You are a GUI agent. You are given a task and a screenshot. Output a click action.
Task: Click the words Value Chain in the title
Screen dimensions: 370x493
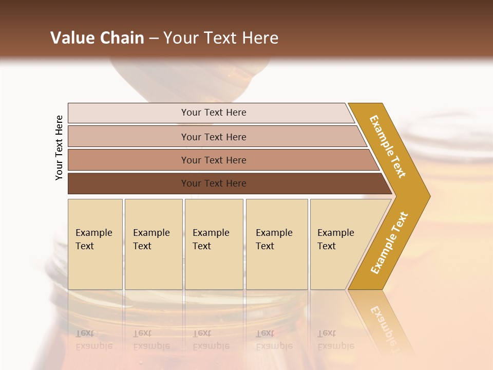tap(97, 38)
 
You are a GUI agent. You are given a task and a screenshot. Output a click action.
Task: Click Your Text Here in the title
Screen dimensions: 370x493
tap(221, 38)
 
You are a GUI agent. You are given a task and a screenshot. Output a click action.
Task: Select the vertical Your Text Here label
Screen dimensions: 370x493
tap(59, 147)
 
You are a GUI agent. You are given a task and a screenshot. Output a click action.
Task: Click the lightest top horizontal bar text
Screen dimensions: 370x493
tap(214, 113)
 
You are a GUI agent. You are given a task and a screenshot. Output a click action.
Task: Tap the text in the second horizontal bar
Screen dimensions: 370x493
tap(214, 137)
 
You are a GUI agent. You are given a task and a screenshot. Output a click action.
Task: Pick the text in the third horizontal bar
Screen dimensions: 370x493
tap(214, 160)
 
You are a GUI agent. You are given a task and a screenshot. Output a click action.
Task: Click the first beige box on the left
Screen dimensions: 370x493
tap(95, 244)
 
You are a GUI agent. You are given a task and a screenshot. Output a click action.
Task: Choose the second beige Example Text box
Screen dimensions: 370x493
tap(153, 244)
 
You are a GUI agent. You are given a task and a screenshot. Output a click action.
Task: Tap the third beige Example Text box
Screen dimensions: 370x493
tap(213, 244)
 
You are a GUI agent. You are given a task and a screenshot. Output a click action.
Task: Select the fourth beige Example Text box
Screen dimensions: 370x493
tap(276, 244)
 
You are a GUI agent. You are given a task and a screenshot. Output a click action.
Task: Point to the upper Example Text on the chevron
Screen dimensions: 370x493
tap(388, 146)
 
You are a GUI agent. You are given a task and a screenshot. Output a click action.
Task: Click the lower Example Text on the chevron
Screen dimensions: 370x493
tap(389, 243)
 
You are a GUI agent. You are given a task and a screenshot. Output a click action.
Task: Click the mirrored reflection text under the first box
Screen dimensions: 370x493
tap(93, 340)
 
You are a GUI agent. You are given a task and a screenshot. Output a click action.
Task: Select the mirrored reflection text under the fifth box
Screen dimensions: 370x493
tap(335, 340)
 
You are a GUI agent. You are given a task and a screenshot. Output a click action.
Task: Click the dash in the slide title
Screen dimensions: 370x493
tap(154, 39)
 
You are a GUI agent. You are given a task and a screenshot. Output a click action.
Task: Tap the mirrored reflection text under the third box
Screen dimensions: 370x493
tap(211, 340)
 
